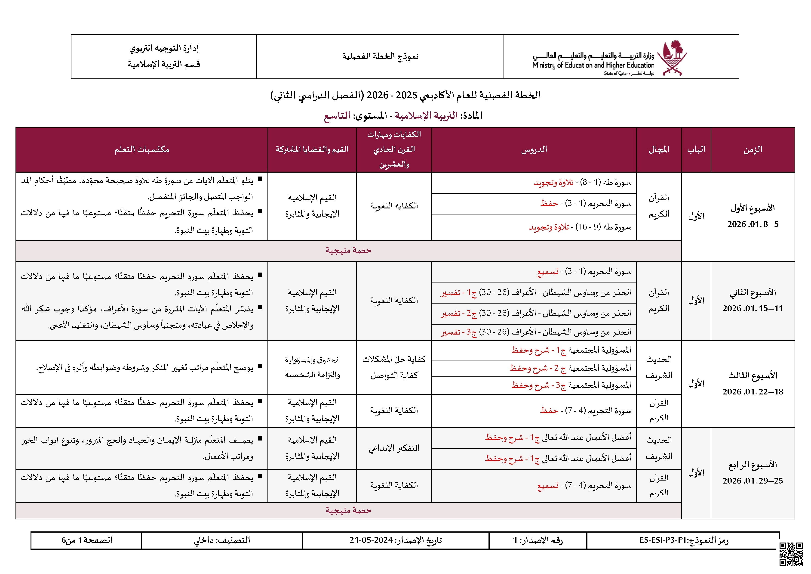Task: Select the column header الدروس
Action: (534, 149)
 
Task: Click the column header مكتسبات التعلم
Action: (142, 149)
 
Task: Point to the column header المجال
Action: (659, 149)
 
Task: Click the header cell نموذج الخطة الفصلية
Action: (380, 56)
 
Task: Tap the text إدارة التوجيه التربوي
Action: (164, 48)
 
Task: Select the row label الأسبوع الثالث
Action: (753, 375)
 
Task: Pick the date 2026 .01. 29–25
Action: (753, 481)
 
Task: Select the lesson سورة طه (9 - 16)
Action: (580, 227)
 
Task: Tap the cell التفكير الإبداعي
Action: (394, 448)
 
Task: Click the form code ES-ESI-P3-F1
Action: (662, 540)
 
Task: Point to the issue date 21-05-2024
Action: (371, 540)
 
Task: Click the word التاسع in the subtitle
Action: (337, 116)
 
